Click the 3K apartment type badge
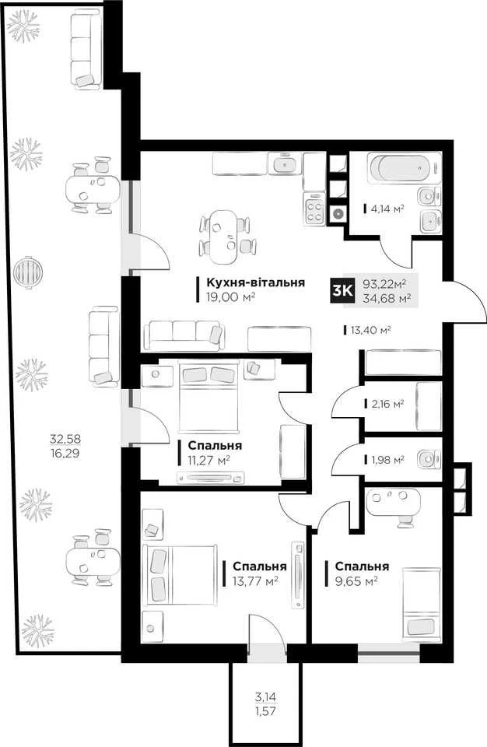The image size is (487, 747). click(342, 290)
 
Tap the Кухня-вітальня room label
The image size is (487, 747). click(255, 282)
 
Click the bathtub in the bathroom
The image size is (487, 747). click(399, 168)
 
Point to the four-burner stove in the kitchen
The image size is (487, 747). click(314, 209)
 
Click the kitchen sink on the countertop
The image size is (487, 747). click(285, 163)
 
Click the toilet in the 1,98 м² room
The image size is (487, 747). click(429, 460)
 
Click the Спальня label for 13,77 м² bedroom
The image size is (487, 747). click(260, 566)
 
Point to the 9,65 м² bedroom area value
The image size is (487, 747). click(356, 581)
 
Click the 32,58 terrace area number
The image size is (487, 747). click(65, 438)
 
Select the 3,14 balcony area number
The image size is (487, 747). click(265, 697)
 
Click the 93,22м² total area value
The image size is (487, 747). click(384, 285)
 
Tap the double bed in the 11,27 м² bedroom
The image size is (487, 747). click(208, 396)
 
